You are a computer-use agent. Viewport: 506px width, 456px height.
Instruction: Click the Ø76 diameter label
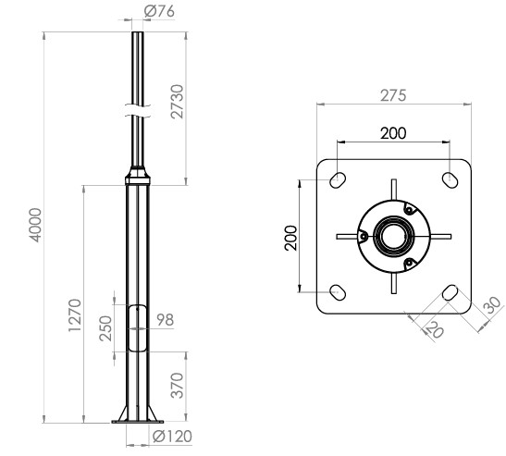[159, 12]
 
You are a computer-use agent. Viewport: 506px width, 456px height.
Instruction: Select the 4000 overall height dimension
[35, 225]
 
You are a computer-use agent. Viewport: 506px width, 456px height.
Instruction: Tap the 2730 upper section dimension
[178, 102]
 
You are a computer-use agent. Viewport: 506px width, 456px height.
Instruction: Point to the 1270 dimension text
[75, 314]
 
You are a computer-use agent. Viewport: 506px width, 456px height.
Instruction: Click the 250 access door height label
[105, 328]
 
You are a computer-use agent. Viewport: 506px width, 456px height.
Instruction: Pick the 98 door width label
[166, 320]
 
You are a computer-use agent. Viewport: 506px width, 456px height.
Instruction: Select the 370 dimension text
[178, 386]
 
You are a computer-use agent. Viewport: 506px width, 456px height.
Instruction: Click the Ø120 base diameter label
[172, 437]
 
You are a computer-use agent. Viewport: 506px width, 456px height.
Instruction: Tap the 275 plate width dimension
[393, 95]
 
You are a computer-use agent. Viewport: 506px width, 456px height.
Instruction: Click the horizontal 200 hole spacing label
[393, 133]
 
